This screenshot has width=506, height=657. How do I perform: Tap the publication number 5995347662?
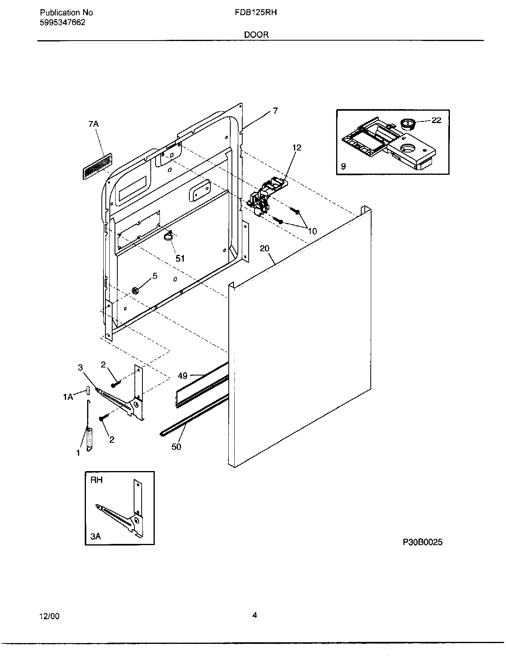pyautogui.click(x=62, y=22)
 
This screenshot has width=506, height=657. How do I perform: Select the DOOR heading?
pyautogui.click(x=256, y=35)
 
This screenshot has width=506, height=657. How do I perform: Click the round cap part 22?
pyautogui.click(x=407, y=123)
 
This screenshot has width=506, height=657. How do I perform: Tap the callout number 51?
pyautogui.click(x=180, y=258)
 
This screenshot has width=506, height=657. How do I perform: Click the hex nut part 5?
pyautogui.click(x=134, y=291)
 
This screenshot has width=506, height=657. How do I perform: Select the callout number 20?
pyautogui.click(x=265, y=248)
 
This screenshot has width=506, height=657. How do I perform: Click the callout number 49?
pyautogui.click(x=183, y=375)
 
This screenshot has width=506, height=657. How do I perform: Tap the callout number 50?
pyautogui.click(x=176, y=447)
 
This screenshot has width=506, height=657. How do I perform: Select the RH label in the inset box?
pyautogui.click(x=96, y=480)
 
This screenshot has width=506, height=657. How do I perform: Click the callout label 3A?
pyautogui.click(x=95, y=537)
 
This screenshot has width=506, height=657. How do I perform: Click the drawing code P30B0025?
pyautogui.click(x=422, y=542)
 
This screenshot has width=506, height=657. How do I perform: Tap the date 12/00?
pyautogui.click(x=49, y=616)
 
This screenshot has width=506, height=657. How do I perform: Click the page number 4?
pyautogui.click(x=255, y=615)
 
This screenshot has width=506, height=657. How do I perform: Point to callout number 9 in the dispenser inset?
pyautogui.click(x=343, y=167)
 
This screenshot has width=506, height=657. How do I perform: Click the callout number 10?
pyautogui.click(x=312, y=231)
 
